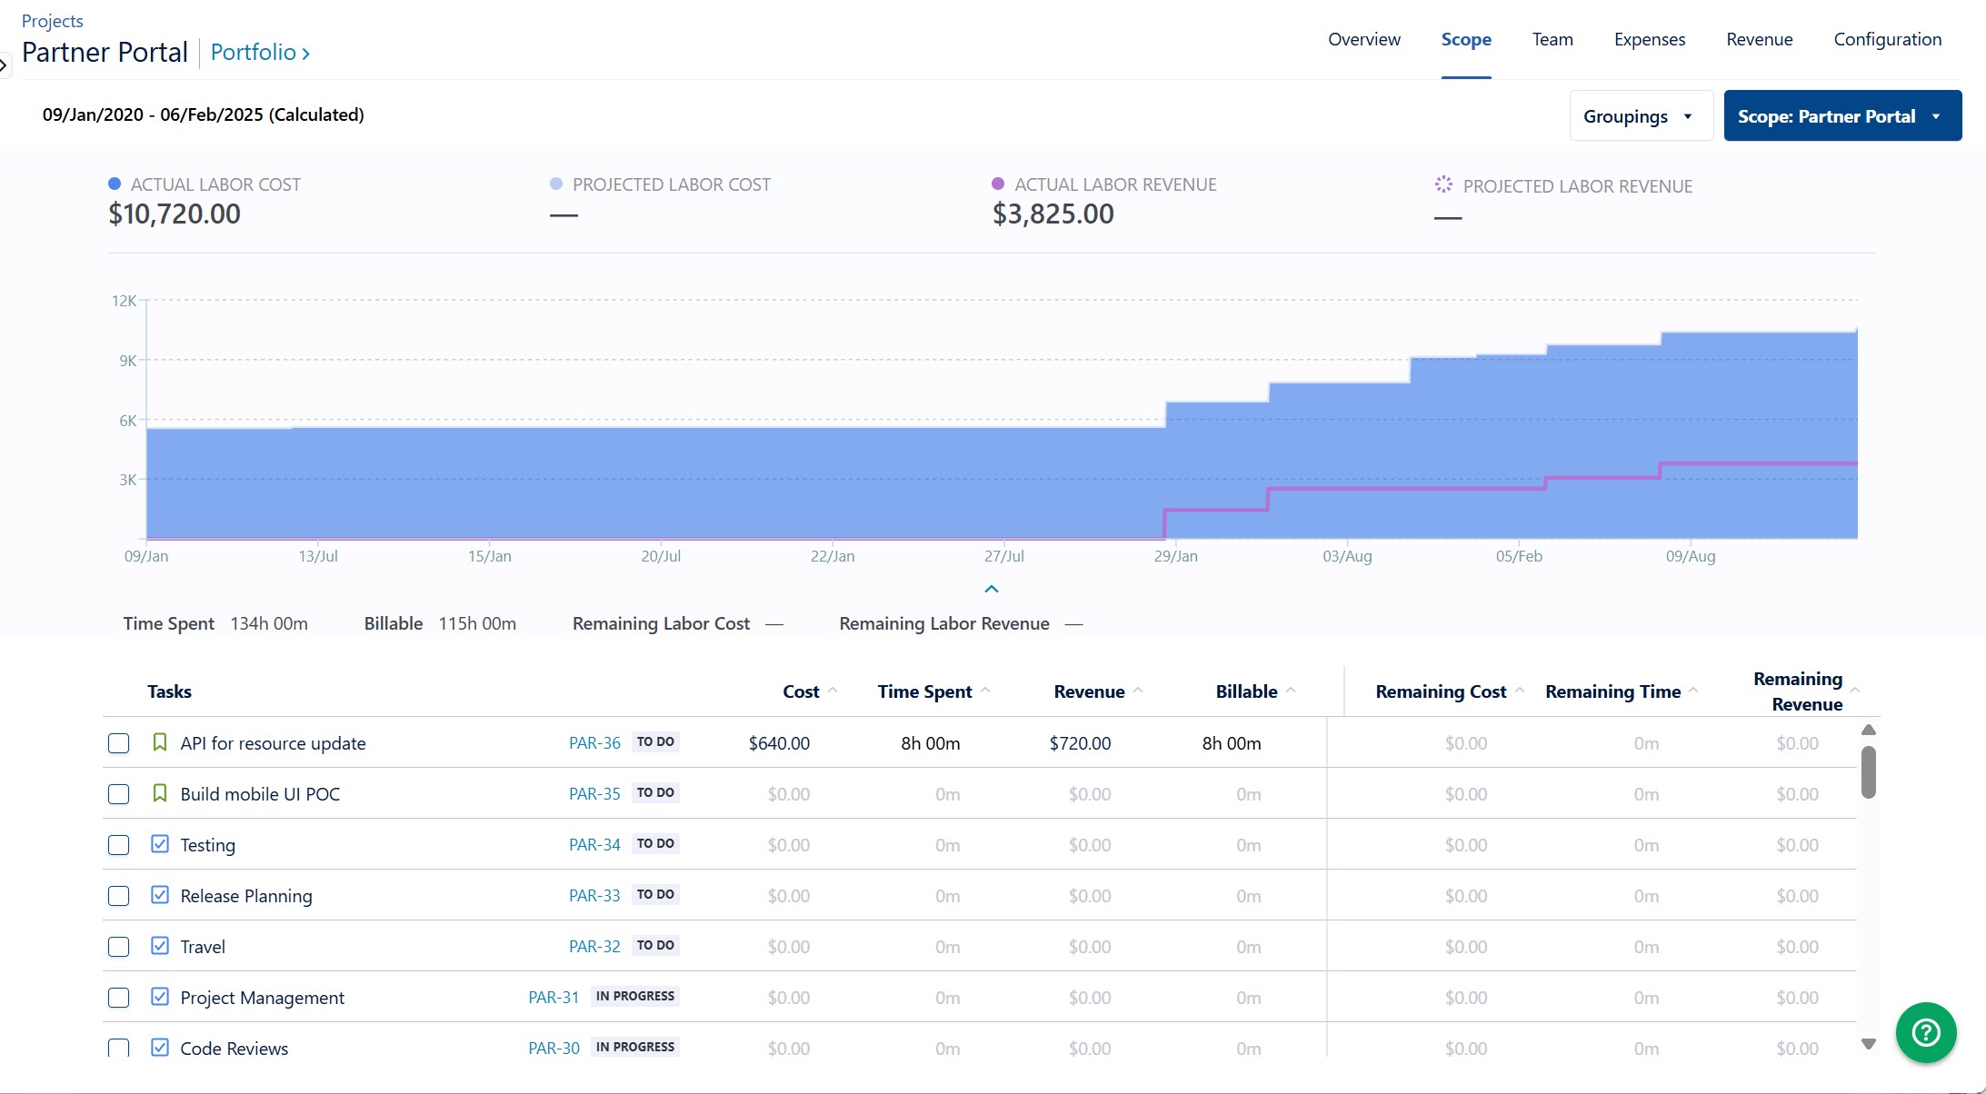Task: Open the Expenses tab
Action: [1649, 39]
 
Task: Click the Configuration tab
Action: [1887, 39]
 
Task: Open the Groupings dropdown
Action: [1638, 116]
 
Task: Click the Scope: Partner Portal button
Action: [1841, 116]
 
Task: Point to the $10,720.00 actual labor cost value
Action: [175, 214]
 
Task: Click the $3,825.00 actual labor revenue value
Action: [1053, 214]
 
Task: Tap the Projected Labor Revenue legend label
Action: [1577, 186]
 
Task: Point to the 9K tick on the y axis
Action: [127, 361]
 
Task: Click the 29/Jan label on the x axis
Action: [1175, 556]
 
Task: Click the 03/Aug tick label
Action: [1347, 556]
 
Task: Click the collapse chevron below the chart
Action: [992, 589]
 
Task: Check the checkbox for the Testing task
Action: [118, 845]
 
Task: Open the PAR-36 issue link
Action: [594, 743]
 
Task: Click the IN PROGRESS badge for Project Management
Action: [634, 996]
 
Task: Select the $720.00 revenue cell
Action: [1080, 743]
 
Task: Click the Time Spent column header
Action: [924, 691]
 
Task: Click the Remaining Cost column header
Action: [1440, 691]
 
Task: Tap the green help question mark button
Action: [1925, 1032]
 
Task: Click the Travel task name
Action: [203, 947]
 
